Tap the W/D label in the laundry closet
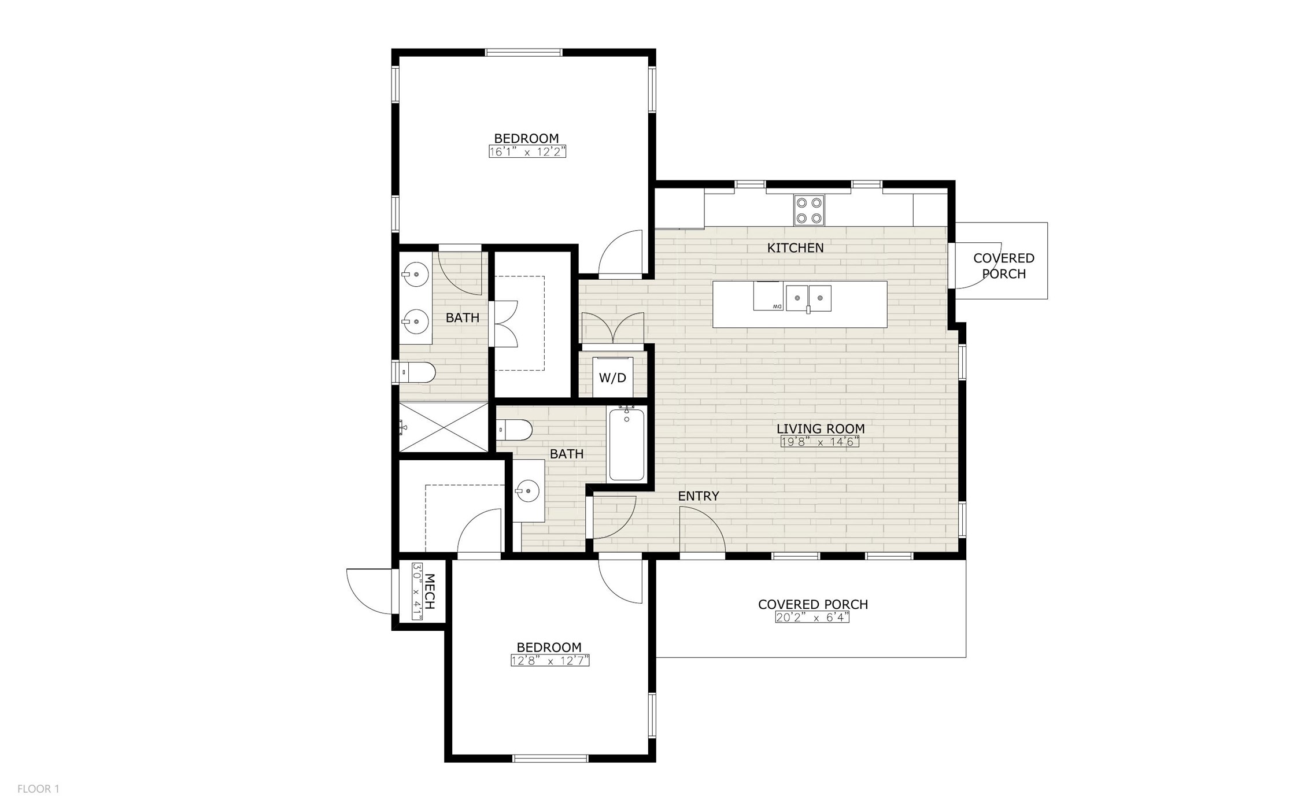coord(612,378)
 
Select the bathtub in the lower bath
coord(627,444)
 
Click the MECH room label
coord(429,591)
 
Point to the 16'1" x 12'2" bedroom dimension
coord(527,152)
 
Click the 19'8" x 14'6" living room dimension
coord(820,442)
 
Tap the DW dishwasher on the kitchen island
coord(768,296)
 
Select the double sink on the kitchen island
coord(808,298)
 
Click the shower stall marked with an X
coord(444,427)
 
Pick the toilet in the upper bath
coord(417,372)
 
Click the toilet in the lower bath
coord(516,430)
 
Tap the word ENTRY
coord(699,496)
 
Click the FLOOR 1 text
coord(38,789)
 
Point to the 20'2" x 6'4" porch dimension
coord(812,617)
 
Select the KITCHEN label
coord(795,248)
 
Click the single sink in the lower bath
coord(529,491)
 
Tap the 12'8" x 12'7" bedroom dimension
coord(549,661)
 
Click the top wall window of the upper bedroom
coord(523,53)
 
